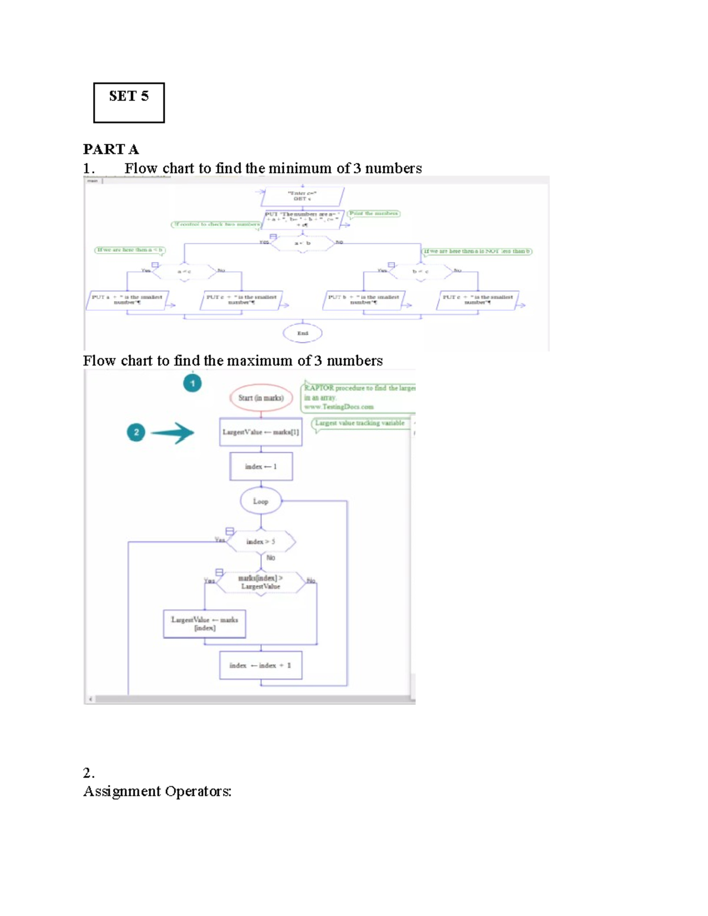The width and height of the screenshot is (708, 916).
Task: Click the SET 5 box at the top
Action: pos(129,103)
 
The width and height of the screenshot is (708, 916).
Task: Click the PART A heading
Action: pos(111,149)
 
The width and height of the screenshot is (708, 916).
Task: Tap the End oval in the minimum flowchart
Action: pos(303,333)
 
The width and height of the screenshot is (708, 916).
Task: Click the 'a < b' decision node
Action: pos(303,243)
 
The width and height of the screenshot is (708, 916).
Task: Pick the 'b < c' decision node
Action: pos(420,271)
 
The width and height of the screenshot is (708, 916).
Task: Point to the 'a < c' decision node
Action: pos(185,271)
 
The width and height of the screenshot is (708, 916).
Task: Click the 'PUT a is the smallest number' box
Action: pos(127,300)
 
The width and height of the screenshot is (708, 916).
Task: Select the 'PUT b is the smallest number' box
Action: pos(363,300)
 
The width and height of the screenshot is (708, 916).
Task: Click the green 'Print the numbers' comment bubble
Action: pos(373,214)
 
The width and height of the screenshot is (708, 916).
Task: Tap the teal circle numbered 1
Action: pos(192,383)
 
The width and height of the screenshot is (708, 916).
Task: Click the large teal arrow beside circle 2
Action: pos(172,433)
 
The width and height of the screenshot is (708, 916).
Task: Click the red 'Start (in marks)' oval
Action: pos(261,398)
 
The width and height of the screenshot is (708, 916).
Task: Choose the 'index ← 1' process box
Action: pos(261,467)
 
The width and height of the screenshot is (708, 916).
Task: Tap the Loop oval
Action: pos(261,501)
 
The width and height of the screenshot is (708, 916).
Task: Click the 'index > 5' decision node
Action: pos(261,541)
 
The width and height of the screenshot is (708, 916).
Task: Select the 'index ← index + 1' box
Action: pos(261,665)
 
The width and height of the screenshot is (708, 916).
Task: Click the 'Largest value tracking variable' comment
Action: pos(360,423)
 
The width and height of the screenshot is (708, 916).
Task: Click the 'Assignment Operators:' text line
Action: pos(157,792)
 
